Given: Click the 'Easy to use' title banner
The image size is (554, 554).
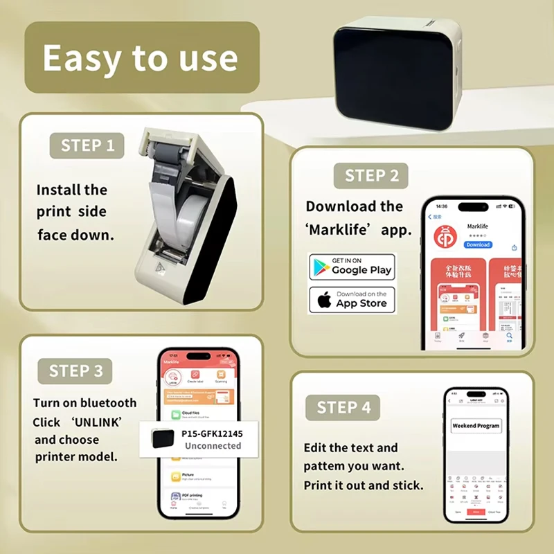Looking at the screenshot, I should (x=141, y=58).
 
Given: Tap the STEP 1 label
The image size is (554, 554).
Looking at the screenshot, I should (x=87, y=145).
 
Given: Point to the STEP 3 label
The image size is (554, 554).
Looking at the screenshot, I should (x=76, y=371).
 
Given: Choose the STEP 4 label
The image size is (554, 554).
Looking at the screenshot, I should (x=343, y=407).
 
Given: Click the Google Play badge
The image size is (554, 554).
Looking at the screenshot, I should (x=352, y=267).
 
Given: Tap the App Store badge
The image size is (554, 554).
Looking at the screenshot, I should (x=352, y=300).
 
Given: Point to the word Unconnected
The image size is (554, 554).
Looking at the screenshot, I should (x=213, y=446).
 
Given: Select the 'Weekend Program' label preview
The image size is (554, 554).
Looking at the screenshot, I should (x=476, y=426).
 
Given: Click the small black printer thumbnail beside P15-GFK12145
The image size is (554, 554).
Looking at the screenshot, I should (x=163, y=439).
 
